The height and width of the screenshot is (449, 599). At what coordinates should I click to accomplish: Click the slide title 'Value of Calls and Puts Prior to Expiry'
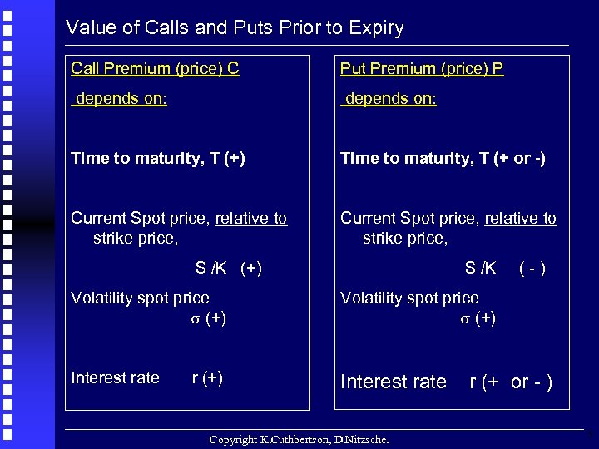pyautogui.click(x=235, y=27)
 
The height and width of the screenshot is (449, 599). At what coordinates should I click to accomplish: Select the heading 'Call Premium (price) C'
pyautogui.click(x=155, y=68)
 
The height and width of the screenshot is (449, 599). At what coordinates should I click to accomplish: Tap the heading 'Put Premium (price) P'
pyautogui.click(x=422, y=68)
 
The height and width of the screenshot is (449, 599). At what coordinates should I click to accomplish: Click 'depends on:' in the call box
pyautogui.click(x=121, y=98)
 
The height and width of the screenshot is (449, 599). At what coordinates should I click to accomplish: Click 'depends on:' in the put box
pyautogui.click(x=390, y=98)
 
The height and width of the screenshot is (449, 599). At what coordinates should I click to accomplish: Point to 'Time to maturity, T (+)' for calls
pyautogui.click(x=158, y=158)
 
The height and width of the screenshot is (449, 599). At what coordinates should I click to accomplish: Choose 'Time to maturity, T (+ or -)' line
pyautogui.click(x=443, y=158)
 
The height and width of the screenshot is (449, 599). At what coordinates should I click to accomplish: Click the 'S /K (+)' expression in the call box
pyautogui.click(x=229, y=268)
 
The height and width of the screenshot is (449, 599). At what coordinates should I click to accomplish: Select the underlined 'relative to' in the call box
pyautogui.click(x=251, y=218)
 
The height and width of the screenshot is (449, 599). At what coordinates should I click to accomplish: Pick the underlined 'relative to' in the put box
pyautogui.click(x=521, y=218)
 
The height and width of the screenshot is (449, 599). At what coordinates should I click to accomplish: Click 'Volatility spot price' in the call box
pyautogui.click(x=140, y=298)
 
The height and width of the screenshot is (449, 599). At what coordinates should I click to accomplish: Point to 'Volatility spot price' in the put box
pyautogui.click(x=409, y=298)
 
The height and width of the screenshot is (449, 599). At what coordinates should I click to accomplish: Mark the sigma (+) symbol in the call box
pyautogui.click(x=204, y=318)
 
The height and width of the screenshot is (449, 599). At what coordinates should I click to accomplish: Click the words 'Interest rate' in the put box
pyautogui.click(x=394, y=382)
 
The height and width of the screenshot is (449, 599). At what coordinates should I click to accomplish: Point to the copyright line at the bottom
pyautogui.click(x=299, y=438)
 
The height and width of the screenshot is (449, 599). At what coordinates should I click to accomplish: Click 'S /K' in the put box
pyautogui.click(x=481, y=268)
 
